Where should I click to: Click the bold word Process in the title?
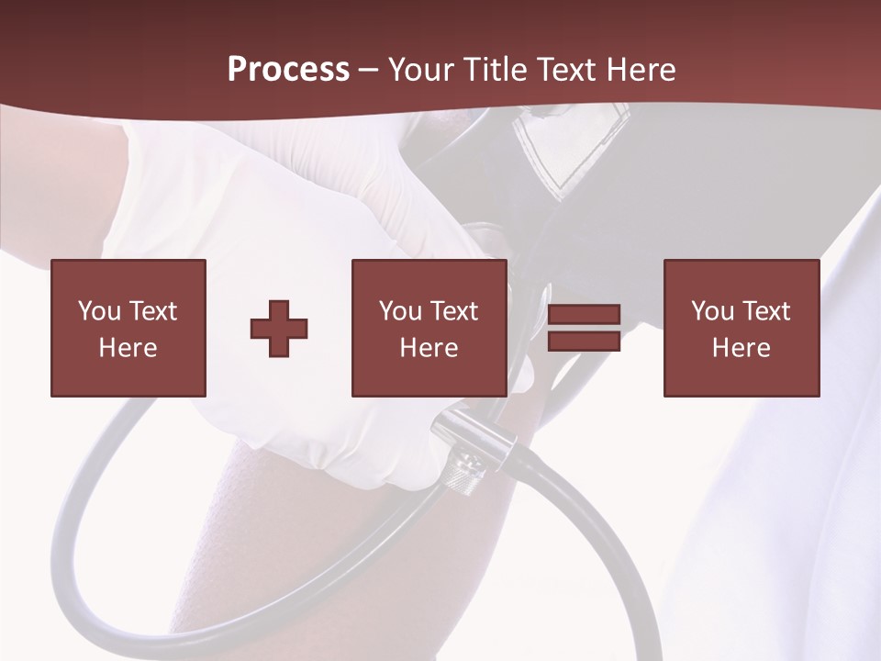(288, 70)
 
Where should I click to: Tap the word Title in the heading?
(496, 70)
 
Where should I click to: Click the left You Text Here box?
(128, 328)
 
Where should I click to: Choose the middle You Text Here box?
(429, 328)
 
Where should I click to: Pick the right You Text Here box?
(741, 328)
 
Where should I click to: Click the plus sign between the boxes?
(279, 328)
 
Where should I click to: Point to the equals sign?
(584, 328)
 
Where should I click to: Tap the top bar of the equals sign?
(584, 315)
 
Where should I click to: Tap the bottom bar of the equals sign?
(584, 341)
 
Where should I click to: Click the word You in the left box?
(98, 311)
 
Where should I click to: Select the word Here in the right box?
(741, 348)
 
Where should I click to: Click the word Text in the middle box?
(453, 311)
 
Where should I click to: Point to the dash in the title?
(368, 71)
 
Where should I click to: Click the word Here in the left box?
(128, 348)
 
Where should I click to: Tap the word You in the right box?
(711, 311)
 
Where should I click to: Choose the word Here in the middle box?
(429, 348)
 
